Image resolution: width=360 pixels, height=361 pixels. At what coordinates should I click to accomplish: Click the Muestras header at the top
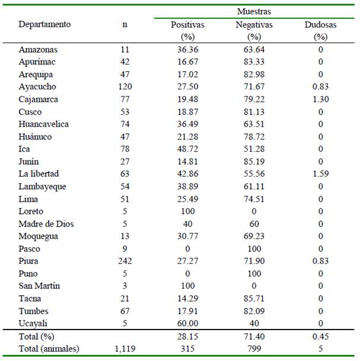254,11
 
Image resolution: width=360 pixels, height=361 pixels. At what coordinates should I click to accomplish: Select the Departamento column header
44,24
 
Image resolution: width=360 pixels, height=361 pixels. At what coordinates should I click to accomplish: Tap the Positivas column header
187,25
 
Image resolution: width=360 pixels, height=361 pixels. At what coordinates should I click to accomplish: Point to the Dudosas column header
320,25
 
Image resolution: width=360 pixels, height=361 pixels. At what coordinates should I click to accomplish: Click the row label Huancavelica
43,124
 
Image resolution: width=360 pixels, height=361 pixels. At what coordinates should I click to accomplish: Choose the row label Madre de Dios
46,224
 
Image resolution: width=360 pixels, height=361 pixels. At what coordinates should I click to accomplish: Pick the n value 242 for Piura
125,261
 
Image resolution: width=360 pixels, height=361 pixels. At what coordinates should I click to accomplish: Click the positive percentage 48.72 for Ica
187,149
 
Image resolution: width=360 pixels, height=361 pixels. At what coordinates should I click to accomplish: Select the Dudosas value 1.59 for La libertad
320,174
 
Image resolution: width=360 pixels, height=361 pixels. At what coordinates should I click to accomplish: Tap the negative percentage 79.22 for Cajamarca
254,99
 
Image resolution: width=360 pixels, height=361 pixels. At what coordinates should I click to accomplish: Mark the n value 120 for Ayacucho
125,87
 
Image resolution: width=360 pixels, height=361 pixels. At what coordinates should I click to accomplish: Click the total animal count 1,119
125,349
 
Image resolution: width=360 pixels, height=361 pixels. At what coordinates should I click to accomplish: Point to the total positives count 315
187,349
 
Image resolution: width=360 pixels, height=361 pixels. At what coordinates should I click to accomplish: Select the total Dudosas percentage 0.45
320,337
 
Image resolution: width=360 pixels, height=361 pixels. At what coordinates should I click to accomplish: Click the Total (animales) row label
49,349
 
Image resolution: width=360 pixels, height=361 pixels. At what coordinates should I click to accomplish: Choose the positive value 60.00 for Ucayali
187,324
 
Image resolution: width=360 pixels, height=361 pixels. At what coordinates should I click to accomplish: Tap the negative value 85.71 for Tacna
254,299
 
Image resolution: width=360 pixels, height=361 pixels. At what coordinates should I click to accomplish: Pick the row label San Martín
39,286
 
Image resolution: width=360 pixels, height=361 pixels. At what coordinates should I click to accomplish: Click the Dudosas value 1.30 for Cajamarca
320,99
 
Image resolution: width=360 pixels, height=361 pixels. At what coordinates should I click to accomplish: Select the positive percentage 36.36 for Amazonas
187,50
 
